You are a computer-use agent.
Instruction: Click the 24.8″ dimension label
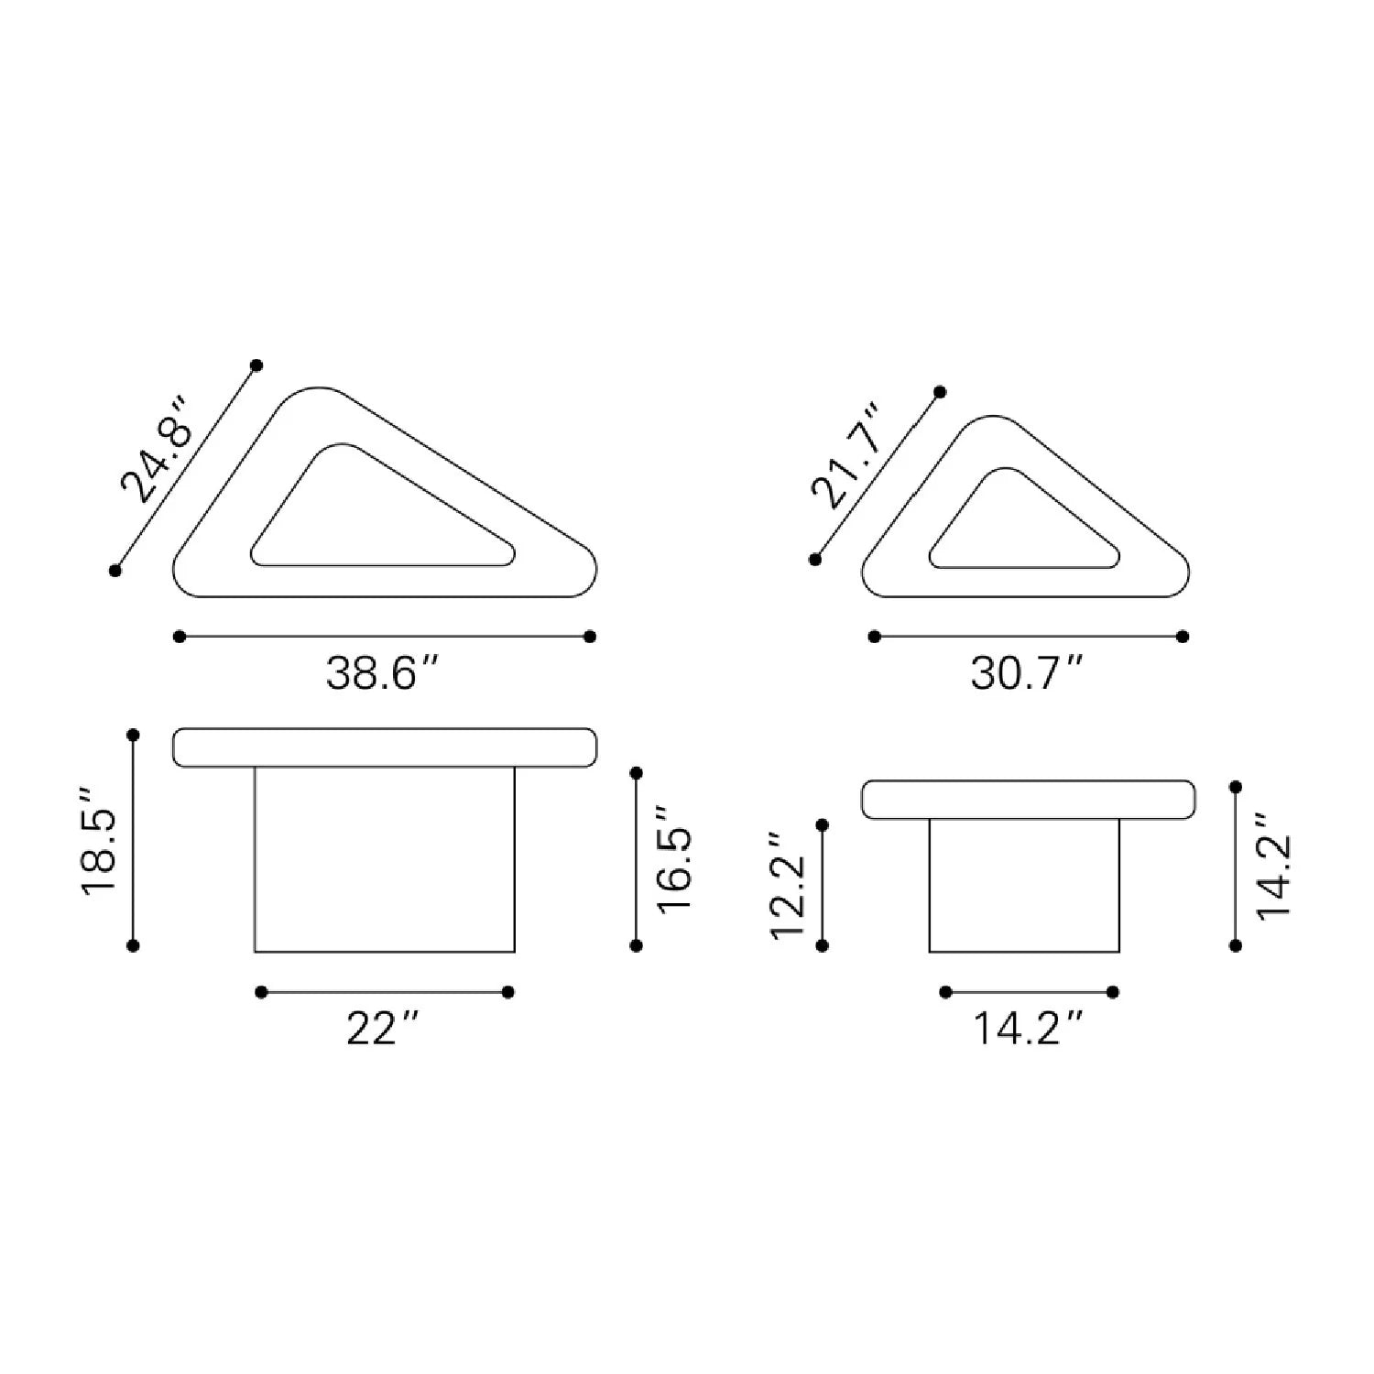tap(155, 451)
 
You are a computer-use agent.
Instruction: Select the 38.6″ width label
tap(385, 674)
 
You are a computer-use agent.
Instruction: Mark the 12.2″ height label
tap(788, 885)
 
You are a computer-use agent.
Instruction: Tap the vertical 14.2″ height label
tap(1273, 865)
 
